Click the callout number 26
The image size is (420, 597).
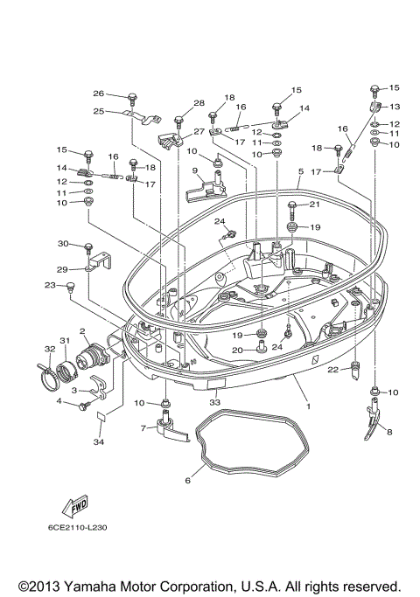click(x=99, y=94)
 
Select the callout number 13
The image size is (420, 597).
click(x=394, y=107)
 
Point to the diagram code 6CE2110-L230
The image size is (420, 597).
click(x=78, y=527)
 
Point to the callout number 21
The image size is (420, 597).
click(x=314, y=205)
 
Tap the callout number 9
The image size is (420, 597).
click(x=196, y=171)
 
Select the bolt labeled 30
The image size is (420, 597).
click(x=89, y=251)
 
